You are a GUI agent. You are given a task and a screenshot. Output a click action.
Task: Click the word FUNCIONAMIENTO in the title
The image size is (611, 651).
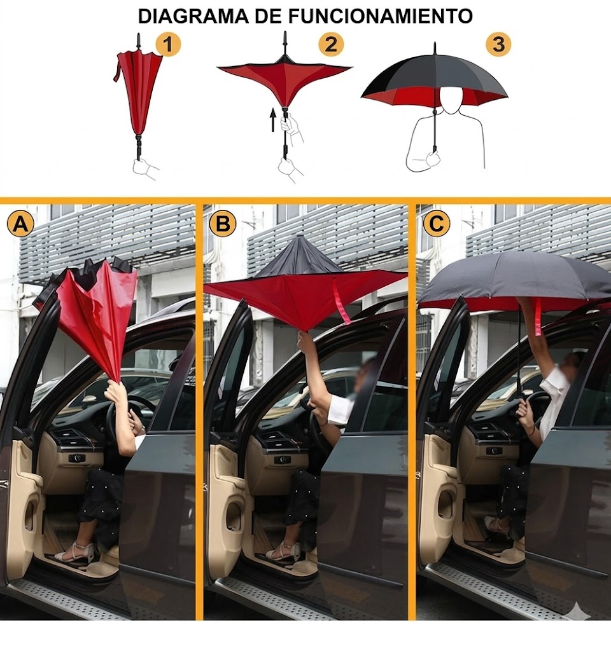point(381,16)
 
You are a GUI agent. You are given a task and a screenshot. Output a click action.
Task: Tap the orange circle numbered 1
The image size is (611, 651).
point(168,45)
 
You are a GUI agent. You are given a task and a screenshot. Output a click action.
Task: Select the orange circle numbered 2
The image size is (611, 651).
point(331,44)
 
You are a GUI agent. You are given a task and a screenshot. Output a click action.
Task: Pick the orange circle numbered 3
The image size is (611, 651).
point(498,44)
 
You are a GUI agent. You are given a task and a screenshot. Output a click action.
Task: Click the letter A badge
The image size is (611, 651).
point(20,224)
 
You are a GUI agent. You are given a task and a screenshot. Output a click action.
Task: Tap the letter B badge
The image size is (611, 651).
point(222,224)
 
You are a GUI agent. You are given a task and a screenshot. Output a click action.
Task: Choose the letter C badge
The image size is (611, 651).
point(437,223)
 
